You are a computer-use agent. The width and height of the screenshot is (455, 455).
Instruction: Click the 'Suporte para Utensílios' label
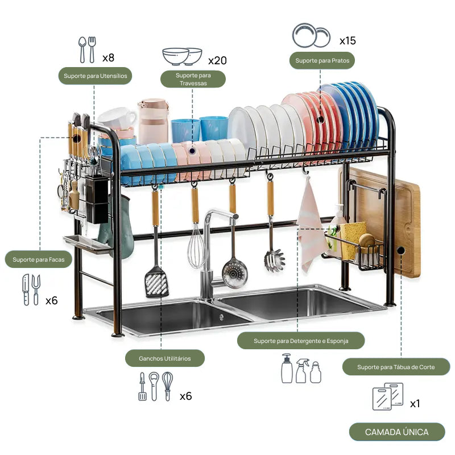tap(95, 76)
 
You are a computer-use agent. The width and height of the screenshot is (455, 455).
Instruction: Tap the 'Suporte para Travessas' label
tap(193, 79)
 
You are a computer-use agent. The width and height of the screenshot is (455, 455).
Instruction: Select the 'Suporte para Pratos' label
tap(322, 60)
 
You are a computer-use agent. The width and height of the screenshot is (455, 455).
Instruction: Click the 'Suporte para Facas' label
tap(39, 260)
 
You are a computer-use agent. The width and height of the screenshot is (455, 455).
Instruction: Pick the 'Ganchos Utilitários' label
tap(164, 358)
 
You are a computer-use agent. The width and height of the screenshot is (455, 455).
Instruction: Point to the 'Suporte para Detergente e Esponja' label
tap(301, 341)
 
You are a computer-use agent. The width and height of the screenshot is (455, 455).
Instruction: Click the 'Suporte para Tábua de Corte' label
tap(396, 367)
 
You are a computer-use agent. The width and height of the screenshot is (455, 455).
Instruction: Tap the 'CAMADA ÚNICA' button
tap(396, 432)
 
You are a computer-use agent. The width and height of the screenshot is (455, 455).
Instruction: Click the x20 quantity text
tap(217, 60)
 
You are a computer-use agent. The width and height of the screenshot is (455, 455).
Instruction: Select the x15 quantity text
tap(348, 41)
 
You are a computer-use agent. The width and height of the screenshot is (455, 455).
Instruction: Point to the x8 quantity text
tap(108, 57)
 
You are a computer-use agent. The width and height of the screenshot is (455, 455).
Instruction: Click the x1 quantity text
tap(415, 403)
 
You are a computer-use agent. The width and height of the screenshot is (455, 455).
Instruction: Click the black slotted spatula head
tap(156, 281)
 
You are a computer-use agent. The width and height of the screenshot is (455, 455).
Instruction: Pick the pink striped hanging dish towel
tap(311, 227)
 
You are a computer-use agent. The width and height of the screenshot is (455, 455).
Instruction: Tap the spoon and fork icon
tap(88, 50)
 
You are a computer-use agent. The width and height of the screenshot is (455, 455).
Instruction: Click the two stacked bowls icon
tap(182, 56)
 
